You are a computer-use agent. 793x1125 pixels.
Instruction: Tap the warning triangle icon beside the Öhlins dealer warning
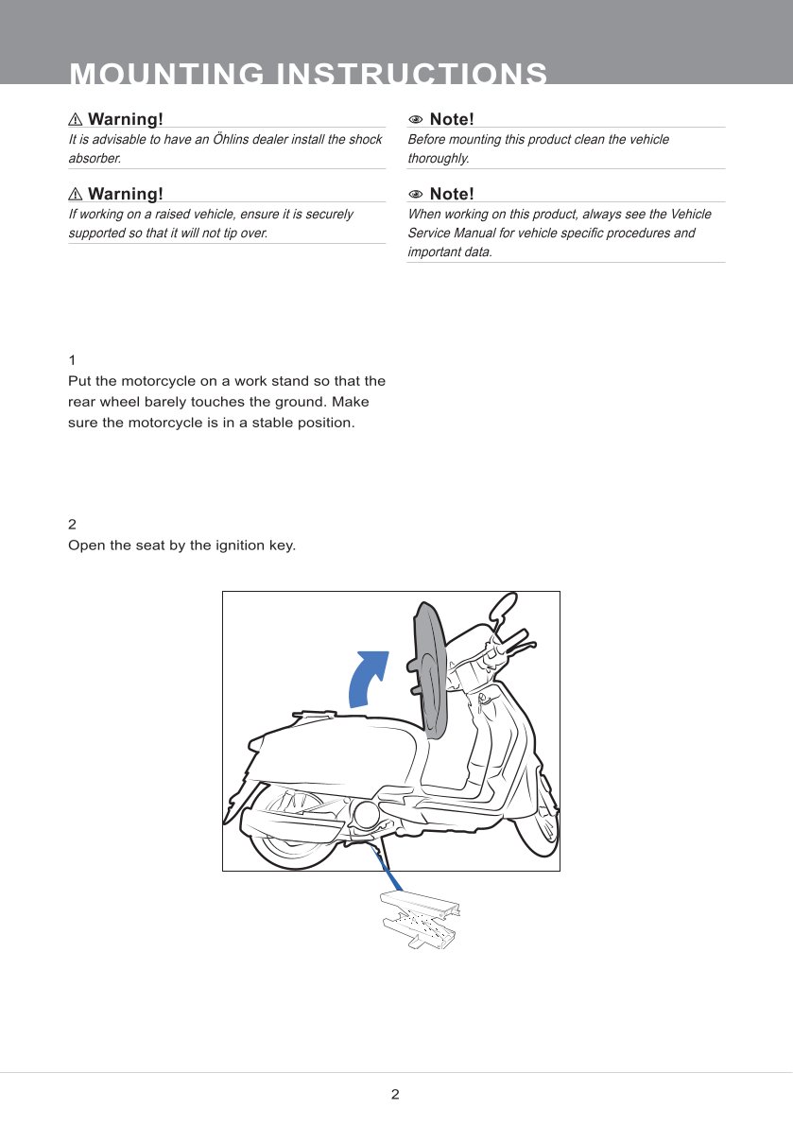76,119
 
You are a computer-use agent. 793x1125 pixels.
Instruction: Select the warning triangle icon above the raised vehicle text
76,194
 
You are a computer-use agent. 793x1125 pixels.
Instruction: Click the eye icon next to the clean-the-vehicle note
415,119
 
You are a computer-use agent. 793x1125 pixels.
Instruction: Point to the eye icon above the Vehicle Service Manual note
415,194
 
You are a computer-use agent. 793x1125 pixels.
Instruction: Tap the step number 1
72,360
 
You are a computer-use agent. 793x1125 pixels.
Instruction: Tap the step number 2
73,524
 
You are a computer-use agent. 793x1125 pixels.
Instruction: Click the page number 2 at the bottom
395,1095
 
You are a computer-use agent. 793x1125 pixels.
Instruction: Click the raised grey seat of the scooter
429,671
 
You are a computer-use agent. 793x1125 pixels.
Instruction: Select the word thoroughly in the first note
439,158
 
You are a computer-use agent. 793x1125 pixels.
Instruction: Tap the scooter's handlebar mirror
504,604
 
